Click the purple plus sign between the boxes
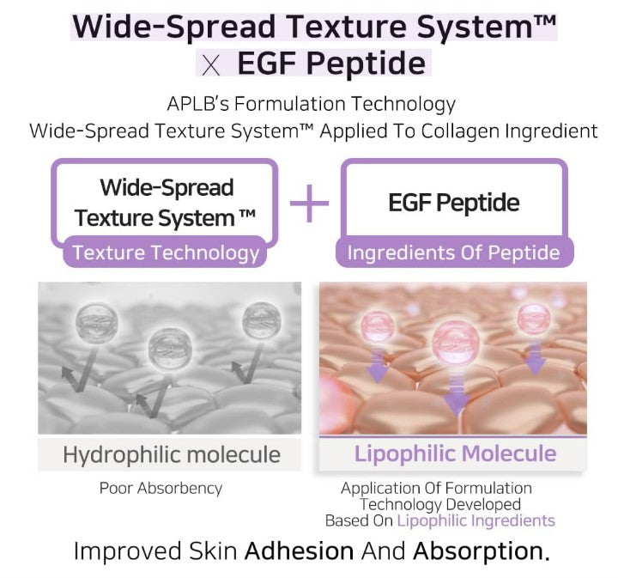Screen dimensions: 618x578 pos(309,204)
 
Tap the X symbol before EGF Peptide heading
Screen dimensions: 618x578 pos(211,65)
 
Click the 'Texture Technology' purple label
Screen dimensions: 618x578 pos(166,252)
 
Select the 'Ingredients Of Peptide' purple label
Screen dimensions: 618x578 pos(454,252)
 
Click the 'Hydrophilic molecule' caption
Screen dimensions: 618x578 pos(172,454)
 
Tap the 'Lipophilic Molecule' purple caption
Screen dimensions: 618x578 pos(455,453)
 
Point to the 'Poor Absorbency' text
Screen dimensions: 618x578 pos(161,488)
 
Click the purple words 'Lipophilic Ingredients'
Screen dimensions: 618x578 pos(476,520)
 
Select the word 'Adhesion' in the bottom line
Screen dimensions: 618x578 pos(300,551)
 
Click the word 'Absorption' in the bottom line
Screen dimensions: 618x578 pos(481,551)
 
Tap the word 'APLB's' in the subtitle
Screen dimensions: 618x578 pos(198,104)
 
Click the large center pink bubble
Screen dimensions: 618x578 pos(456,342)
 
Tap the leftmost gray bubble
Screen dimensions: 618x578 pos(96,321)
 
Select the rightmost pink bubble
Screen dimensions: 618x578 pos(534,318)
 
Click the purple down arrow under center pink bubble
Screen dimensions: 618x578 pos(457,394)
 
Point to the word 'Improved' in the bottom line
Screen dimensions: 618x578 pos(128,551)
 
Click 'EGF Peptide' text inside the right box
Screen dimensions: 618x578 pos(454,203)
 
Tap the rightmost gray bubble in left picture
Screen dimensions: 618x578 pos(262,320)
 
